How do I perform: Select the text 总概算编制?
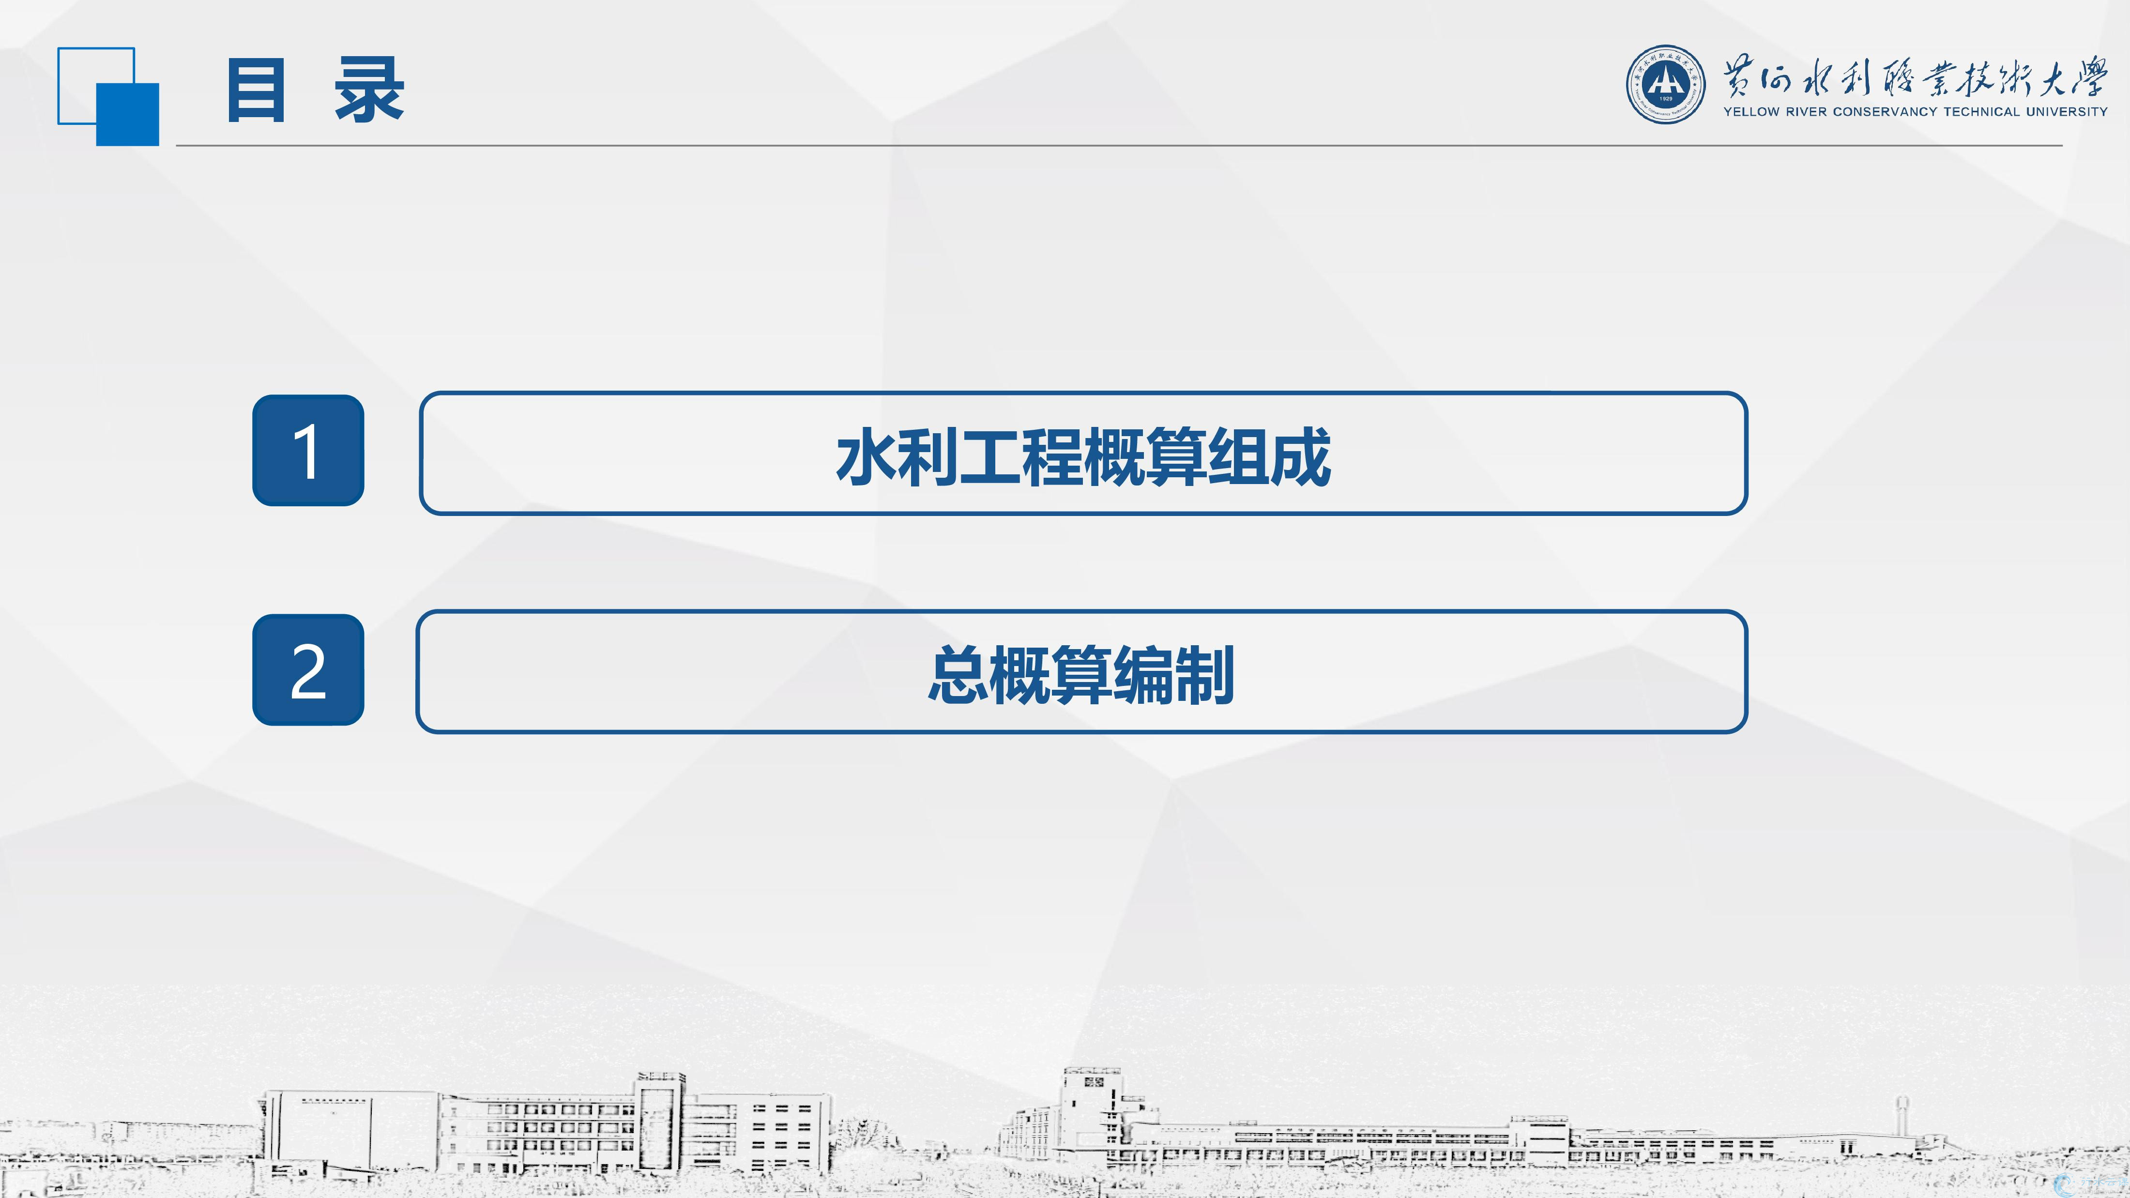pos(1081,675)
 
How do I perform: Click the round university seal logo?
pos(1665,84)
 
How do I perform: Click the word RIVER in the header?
pos(1806,112)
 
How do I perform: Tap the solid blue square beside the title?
pos(127,115)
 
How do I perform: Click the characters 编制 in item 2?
pos(1174,675)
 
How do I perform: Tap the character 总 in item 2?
pos(958,675)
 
